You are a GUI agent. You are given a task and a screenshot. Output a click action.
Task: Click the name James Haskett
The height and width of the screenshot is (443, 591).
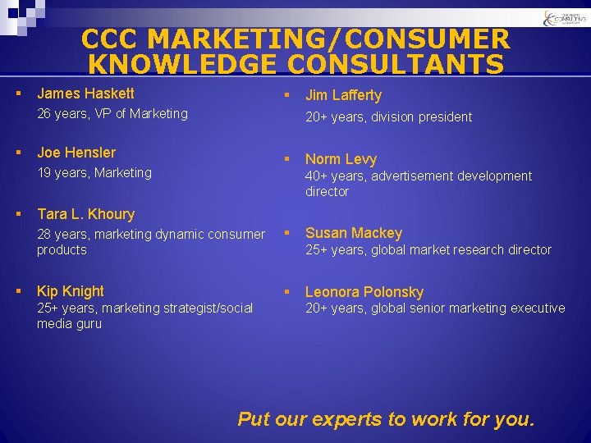[85, 94]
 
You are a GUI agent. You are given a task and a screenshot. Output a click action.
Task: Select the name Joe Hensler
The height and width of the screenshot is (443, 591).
[76, 153]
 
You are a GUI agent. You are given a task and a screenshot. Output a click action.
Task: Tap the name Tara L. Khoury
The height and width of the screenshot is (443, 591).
[85, 214]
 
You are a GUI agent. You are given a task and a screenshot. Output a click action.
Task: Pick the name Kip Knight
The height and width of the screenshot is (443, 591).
[71, 291]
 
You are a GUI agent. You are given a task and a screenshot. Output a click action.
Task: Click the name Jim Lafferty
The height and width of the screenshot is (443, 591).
[343, 95]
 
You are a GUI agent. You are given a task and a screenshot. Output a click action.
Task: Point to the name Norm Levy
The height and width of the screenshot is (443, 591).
[341, 159]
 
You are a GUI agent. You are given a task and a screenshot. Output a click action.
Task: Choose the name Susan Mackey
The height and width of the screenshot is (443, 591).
[354, 233]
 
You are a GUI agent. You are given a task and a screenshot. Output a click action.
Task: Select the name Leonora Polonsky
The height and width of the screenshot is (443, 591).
[364, 292]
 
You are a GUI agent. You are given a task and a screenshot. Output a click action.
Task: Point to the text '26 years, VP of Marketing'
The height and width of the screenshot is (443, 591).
[112, 114]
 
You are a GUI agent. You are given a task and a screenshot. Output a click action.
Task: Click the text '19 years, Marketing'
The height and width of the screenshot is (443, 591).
[94, 172]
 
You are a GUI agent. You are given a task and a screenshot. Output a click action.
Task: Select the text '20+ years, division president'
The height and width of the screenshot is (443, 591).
[388, 117]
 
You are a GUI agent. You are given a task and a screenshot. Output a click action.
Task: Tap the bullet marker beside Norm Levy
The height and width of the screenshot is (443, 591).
[287, 159]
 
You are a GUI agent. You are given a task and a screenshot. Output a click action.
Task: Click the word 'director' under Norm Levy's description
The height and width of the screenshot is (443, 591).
[327, 192]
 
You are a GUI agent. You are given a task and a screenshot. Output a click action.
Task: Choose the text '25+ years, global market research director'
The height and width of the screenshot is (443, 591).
[428, 250]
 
